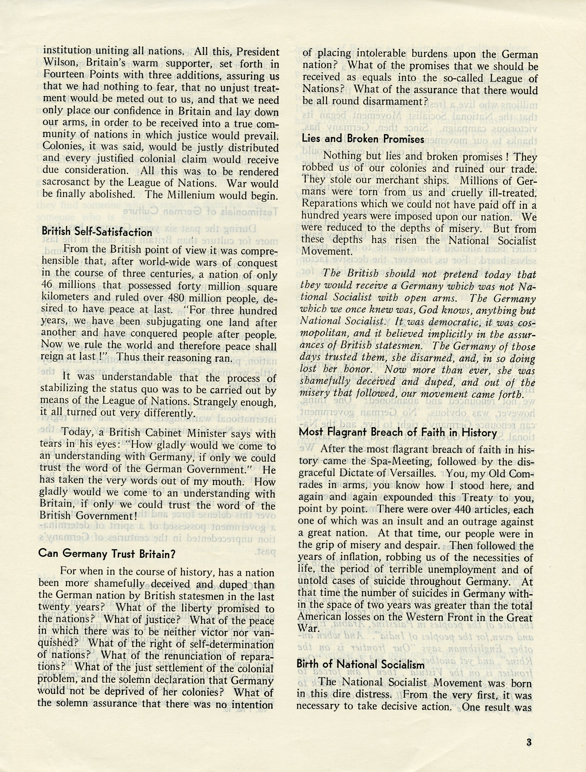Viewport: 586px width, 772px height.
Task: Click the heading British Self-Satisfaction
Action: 97,232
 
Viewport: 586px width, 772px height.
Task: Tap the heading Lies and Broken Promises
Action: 363,139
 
